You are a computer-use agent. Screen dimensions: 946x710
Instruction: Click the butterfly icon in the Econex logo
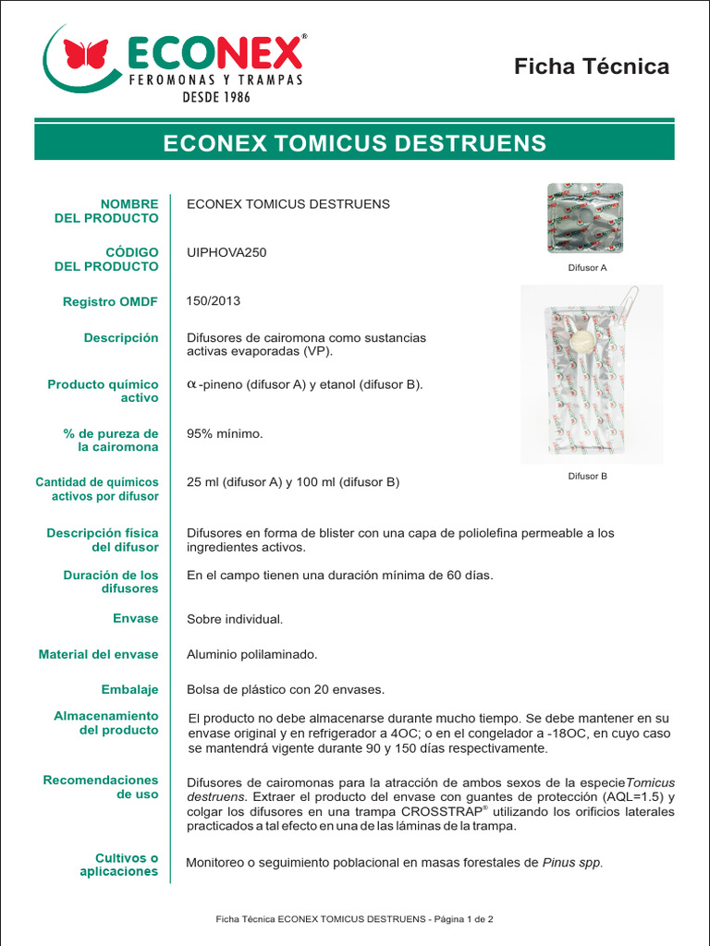point(86,54)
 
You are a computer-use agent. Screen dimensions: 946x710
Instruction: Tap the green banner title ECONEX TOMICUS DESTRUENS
point(354,143)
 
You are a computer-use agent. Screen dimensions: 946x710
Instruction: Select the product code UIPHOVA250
point(226,252)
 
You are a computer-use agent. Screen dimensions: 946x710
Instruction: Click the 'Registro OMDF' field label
point(110,302)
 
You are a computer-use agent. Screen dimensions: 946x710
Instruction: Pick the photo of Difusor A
point(584,218)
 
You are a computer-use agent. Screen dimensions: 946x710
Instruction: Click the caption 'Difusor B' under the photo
point(587,477)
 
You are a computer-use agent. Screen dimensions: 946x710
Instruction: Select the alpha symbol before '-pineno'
point(191,384)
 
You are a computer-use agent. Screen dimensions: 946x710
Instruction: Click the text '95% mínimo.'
point(225,433)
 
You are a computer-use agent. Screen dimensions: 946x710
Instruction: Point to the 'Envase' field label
point(135,618)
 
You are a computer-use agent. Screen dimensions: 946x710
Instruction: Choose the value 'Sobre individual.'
point(235,619)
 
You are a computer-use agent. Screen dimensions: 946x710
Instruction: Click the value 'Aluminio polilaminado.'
point(251,654)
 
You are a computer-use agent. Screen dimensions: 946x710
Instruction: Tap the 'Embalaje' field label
point(129,689)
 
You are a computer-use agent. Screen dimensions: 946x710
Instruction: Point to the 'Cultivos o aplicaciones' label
point(118,865)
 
